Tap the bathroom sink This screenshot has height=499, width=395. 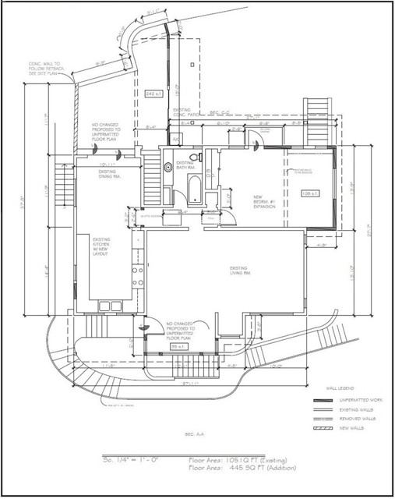point(168,165)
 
